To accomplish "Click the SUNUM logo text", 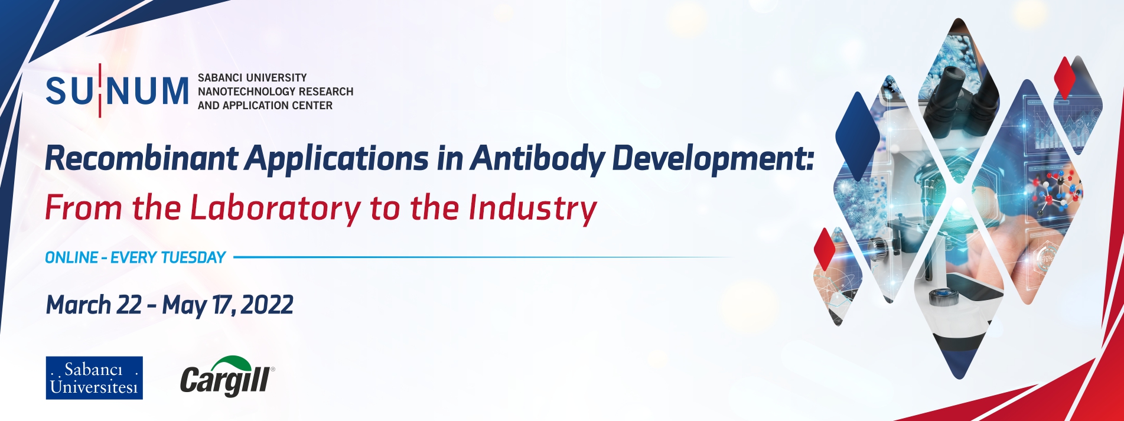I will point(117,91).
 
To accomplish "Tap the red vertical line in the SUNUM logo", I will point(100,90).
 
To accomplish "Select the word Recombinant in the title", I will point(142,158).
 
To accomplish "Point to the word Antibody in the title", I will point(538,158).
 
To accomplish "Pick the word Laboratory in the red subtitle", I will point(275,208).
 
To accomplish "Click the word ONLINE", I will point(71,257).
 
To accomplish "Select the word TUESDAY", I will point(193,257).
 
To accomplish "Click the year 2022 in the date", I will point(267,305).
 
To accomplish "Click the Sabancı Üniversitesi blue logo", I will point(95,378).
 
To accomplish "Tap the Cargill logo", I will point(226,378).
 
